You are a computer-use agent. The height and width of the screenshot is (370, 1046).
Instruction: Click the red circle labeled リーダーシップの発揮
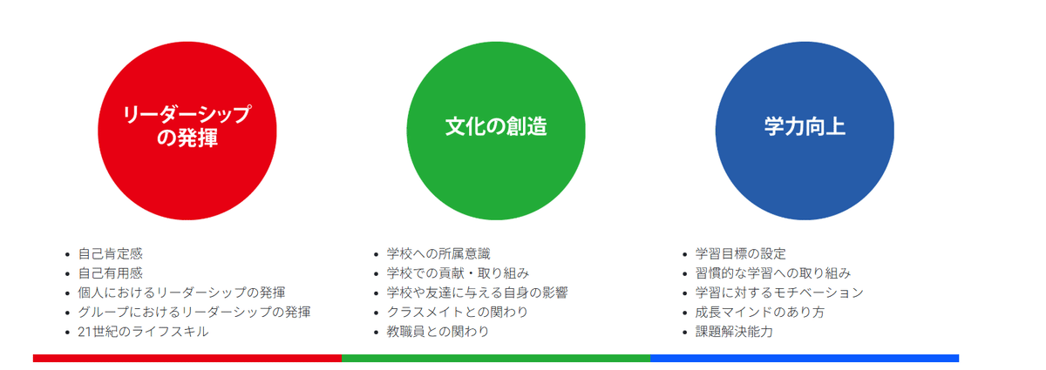pos(187,131)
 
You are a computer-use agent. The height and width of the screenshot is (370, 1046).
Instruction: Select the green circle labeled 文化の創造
pos(496,131)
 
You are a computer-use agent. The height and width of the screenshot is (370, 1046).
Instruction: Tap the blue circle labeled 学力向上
pos(805,131)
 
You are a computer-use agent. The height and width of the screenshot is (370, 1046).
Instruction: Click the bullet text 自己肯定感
pos(111,254)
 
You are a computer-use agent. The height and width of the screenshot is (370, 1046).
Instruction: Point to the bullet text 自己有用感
pos(111,273)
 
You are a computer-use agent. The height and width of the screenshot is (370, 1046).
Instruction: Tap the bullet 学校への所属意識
pos(438,254)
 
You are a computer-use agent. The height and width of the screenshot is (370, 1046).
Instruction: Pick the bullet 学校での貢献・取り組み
pos(458,273)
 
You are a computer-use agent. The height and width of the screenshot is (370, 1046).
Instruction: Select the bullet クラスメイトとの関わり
pos(458,312)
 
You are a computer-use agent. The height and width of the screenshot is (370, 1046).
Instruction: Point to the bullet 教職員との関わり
pos(438,332)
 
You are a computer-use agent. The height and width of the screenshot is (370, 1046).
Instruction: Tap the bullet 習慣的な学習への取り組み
pos(773,273)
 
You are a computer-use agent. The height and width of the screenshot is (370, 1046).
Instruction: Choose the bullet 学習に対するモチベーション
pos(779,293)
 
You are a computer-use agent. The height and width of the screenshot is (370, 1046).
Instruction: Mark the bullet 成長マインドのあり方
pos(760,312)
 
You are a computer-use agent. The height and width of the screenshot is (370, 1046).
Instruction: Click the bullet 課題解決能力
pos(734,332)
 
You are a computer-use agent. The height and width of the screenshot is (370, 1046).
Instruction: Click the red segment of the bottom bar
pos(187,358)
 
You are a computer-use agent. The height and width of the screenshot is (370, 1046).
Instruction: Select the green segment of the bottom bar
pos(496,358)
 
